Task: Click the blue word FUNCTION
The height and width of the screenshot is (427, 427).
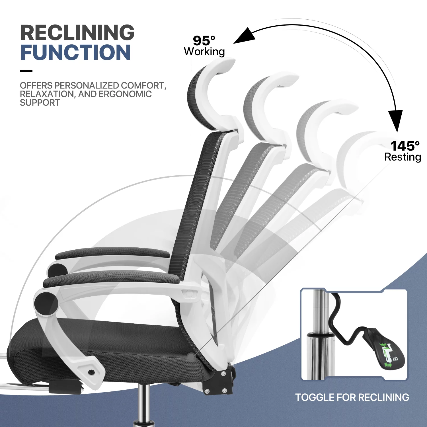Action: point(76,53)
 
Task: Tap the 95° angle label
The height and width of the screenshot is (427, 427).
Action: point(204,41)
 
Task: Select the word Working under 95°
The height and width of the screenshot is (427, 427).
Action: point(204,52)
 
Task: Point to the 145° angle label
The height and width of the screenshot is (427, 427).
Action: point(405,146)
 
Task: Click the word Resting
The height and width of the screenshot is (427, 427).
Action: point(403,157)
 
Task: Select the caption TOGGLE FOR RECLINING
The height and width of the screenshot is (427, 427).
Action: point(352,397)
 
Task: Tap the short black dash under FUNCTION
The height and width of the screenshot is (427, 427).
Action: point(26,71)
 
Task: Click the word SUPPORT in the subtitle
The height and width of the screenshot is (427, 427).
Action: point(40,102)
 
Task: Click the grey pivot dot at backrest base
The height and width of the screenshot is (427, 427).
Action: point(191,356)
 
